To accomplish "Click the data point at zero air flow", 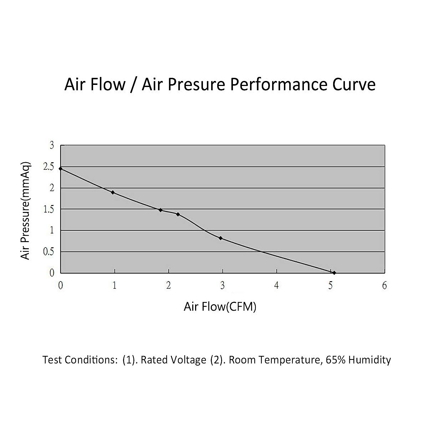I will point(61,168).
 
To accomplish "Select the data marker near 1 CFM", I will point(113,192).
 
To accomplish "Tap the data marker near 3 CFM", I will point(221,238).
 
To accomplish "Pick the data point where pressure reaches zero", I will point(334,272).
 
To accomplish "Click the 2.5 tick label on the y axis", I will point(49,167).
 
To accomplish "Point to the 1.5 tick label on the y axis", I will point(49,209).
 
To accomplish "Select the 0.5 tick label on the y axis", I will point(49,252).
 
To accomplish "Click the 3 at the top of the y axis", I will point(52,145).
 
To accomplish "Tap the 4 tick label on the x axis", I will point(276,285).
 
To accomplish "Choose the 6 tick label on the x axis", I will point(384,285).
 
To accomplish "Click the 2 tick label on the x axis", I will point(168,285).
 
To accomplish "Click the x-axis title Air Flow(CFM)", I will point(220,306).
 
